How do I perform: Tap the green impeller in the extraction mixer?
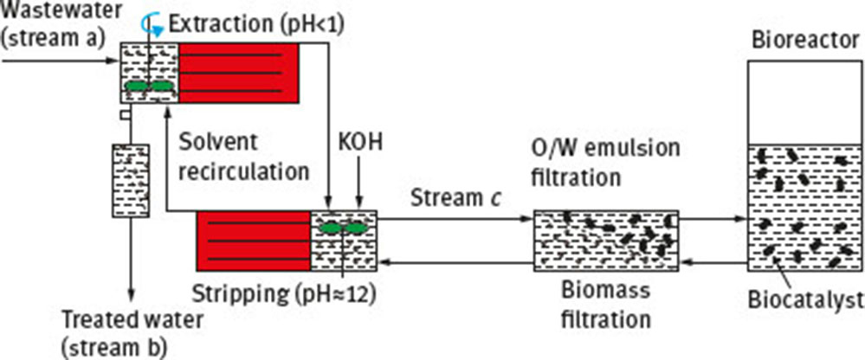[148, 87]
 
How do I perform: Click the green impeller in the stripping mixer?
[343, 228]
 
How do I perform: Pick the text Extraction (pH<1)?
[256, 22]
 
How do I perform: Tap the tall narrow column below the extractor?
[131, 180]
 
